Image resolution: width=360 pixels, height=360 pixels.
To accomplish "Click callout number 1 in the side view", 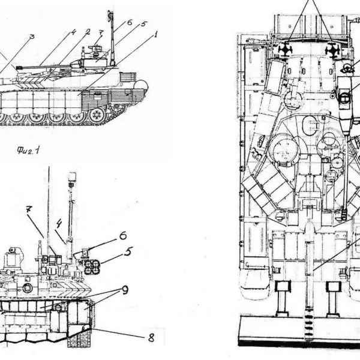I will click(155, 35).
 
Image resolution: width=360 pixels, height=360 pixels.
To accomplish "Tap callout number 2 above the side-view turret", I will click(88, 31).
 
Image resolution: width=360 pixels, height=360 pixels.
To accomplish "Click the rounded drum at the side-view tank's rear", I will click(142, 86).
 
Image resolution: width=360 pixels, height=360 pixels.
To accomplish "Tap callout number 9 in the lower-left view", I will click(125, 291).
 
